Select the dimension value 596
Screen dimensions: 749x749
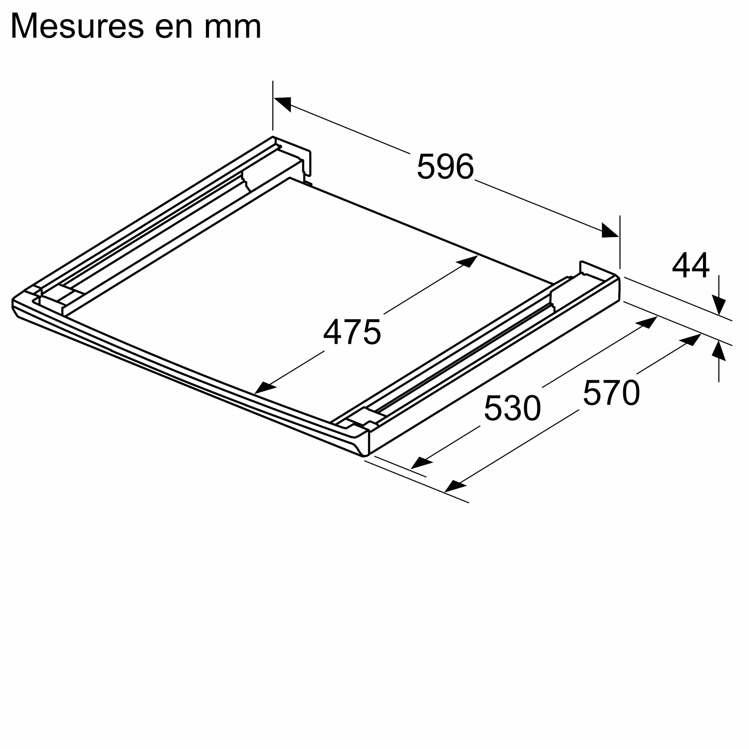(445, 167)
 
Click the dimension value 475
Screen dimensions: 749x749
(352, 332)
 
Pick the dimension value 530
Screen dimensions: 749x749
(512, 408)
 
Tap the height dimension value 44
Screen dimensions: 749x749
(691, 265)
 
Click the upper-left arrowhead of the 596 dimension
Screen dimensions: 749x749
(282, 103)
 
